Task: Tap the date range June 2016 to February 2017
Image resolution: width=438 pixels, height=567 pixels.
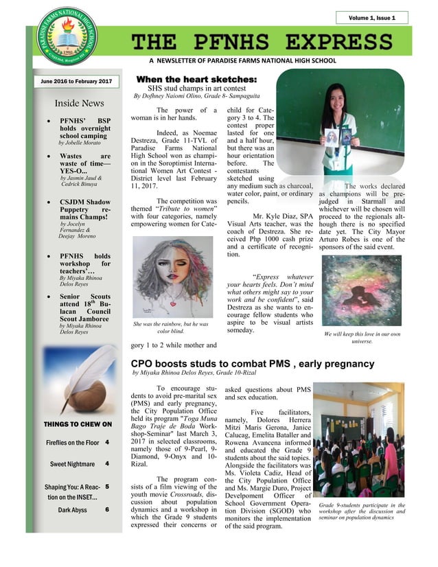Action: pyautogui.click(x=76, y=82)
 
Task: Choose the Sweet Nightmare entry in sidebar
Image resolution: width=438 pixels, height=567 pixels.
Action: pyautogui.click(x=71, y=464)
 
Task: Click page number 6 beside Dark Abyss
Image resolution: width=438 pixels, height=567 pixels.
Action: pyautogui.click(x=107, y=510)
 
